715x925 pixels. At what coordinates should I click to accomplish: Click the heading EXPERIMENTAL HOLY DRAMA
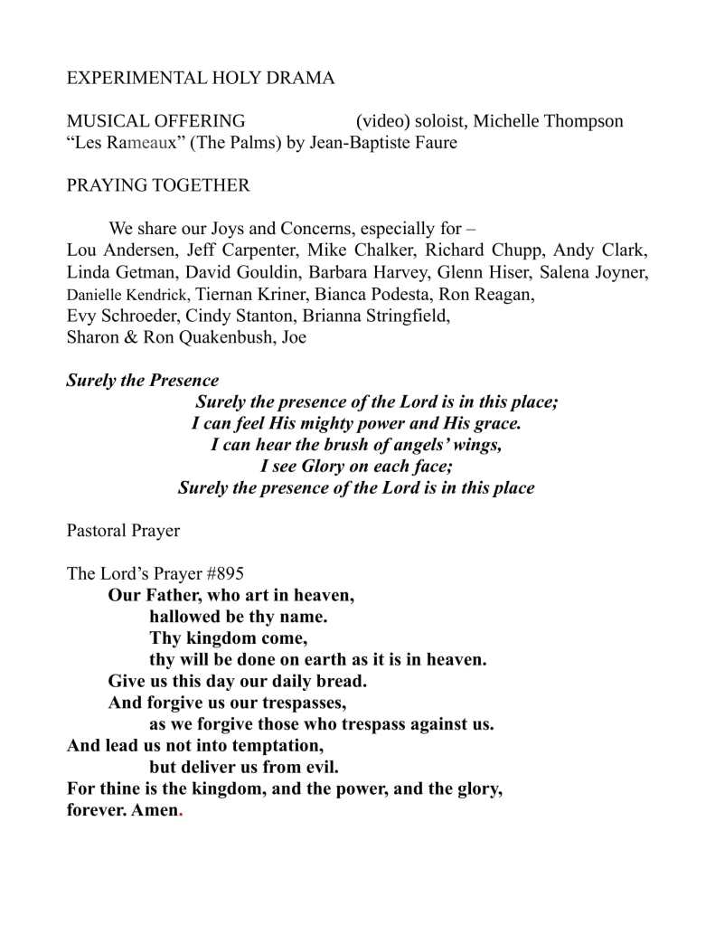point(201,79)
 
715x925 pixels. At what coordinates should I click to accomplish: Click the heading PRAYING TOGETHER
point(158,186)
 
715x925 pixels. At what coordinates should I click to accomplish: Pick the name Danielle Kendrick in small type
point(127,294)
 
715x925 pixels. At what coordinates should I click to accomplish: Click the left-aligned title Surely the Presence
point(142,381)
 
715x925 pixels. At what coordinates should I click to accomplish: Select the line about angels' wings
point(355,445)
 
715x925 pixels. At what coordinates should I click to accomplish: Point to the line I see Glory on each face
point(356,467)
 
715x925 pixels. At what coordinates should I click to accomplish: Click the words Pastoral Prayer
point(123,531)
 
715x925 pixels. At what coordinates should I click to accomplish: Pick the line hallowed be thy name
point(238,618)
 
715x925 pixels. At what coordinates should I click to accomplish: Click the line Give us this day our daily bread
point(237,682)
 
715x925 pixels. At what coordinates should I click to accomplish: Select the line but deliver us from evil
point(244,769)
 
